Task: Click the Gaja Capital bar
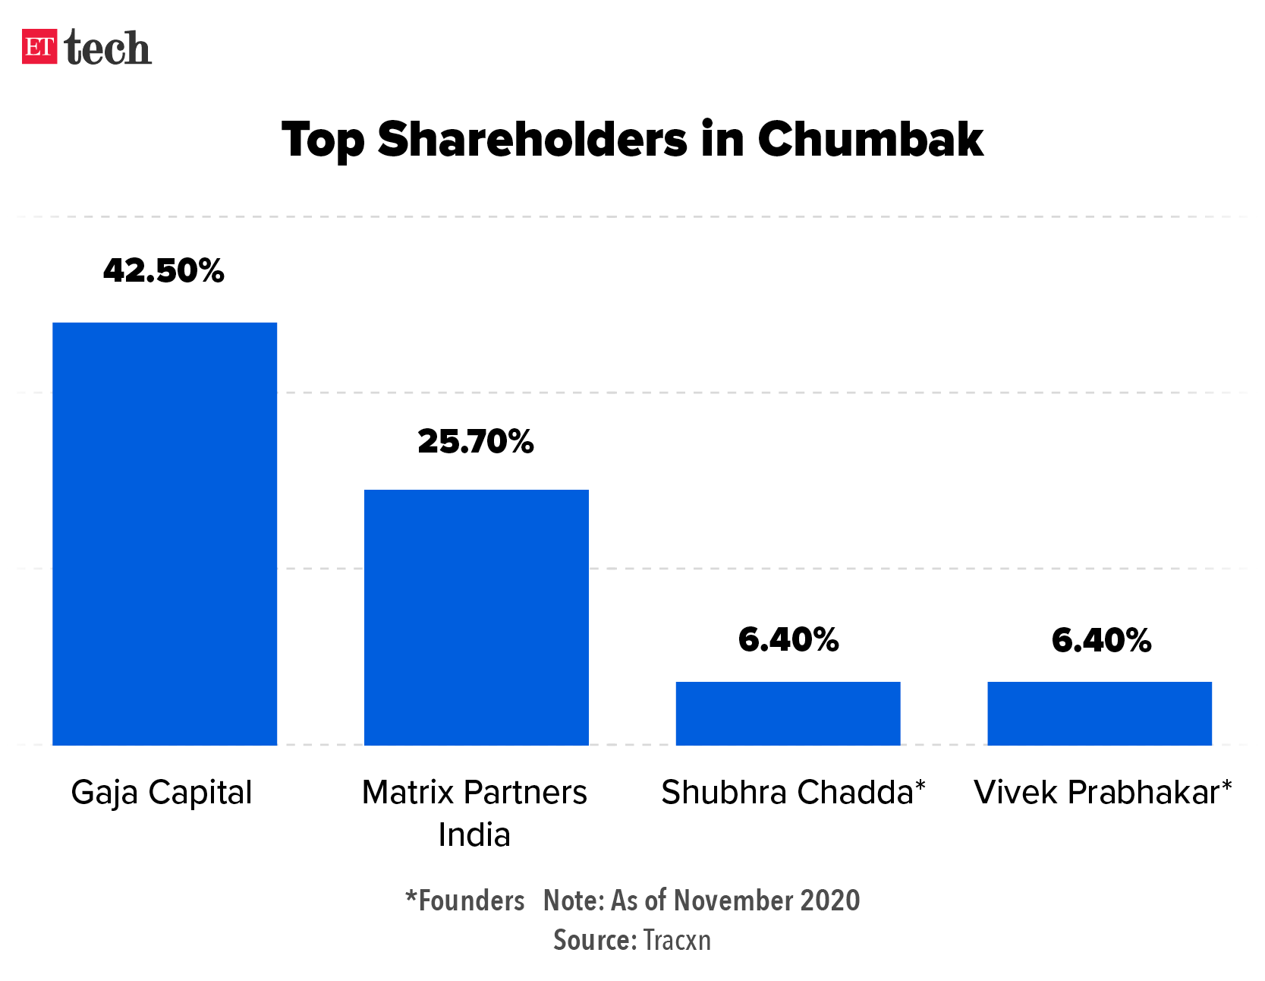[165, 534]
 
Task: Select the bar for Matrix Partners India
[476, 617]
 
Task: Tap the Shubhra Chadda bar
[788, 713]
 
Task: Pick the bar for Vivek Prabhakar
[1100, 713]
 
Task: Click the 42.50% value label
[164, 271]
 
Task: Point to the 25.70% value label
[476, 442]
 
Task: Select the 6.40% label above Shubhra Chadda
[788, 640]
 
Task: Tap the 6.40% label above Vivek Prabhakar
[1101, 640]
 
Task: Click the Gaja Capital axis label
[162, 793]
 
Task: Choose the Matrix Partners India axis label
[474, 812]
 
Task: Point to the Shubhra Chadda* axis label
[793, 793]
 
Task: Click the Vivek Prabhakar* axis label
[1103, 793]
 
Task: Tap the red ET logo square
[39, 47]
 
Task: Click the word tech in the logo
[108, 49]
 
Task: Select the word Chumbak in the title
[870, 140]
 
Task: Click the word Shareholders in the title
[532, 140]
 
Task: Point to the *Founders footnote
[465, 901]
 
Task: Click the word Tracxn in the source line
[677, 940]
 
